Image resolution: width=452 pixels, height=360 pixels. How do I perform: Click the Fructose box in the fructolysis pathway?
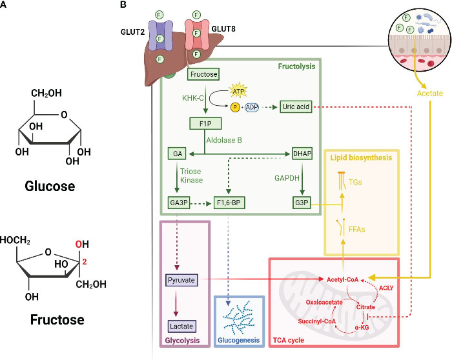pos(203,74)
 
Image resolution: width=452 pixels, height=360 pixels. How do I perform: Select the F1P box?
pos(205,124)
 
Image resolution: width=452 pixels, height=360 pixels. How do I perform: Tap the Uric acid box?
pos(296,106)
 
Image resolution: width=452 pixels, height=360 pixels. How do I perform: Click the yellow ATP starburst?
pos(238,90)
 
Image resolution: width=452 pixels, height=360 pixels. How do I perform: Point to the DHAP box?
pos(302,154)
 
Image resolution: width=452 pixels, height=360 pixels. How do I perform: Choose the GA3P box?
pos(179,203)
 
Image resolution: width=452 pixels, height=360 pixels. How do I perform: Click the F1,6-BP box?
pos(229,203)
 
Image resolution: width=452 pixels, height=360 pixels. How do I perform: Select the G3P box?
pos(302,203)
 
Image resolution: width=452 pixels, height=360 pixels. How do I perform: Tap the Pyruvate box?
pos(181,280)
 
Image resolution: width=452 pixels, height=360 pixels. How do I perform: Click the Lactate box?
pos(181,326)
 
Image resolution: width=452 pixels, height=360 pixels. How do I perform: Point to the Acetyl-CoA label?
pos(342,279)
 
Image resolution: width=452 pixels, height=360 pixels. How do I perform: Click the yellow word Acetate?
pos(430,94)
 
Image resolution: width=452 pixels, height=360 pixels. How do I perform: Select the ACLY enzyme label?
pos(386,288)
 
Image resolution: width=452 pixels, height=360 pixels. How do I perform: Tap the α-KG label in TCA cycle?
pos(362,328)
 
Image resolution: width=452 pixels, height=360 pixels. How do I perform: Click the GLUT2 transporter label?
pos(132,32)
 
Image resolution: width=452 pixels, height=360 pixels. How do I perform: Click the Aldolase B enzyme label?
pos(224,140)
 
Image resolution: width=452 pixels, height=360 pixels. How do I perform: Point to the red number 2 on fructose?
pos(84,262)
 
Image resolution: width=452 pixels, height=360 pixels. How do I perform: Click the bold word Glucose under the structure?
pos(50,186)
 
